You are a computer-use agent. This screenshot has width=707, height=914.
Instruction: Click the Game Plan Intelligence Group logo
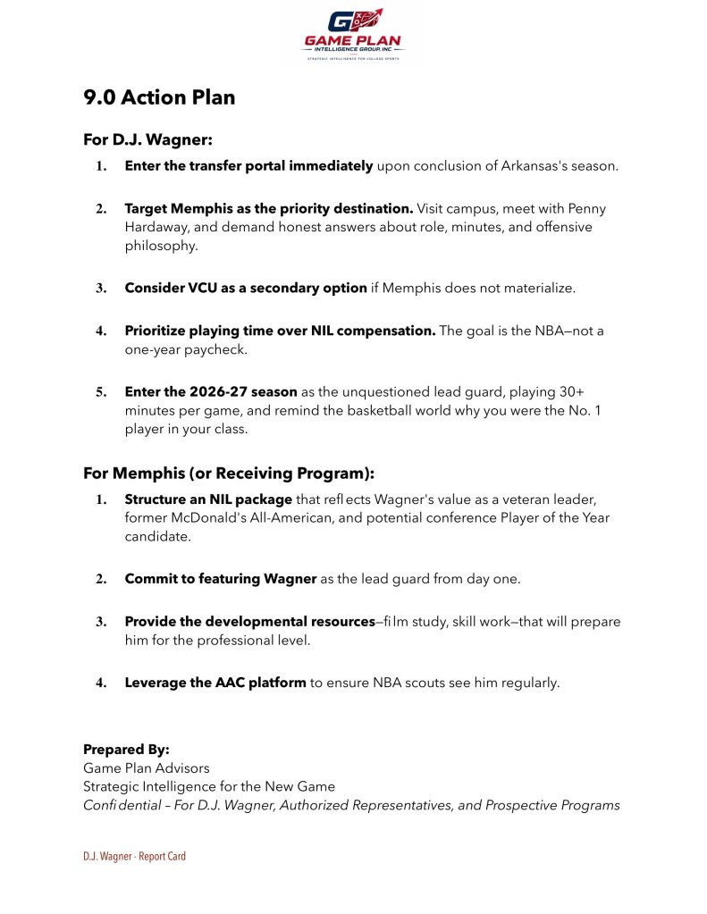pos(353,34)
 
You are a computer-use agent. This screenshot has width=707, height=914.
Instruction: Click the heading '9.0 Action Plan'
pos(159,97)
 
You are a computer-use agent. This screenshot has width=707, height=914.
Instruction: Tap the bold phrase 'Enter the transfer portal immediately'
pos(248,165)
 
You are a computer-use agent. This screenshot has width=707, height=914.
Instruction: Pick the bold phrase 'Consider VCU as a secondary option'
pos(246,288)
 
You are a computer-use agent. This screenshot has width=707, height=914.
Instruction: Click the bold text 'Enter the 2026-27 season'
pos(211,392)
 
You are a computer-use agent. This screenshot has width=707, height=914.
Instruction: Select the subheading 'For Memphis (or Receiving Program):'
pos(229,473)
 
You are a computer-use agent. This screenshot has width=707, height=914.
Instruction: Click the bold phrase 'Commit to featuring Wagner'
pos(221,578)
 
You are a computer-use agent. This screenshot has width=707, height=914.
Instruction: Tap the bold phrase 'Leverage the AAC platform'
pos(215,683)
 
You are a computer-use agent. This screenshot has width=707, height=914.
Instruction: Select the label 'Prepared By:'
pos(126,749)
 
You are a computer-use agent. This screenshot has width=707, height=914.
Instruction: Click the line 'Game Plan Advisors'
pos(147,767)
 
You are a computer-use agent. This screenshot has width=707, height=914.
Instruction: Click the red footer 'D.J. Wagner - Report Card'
pos(134,856)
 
